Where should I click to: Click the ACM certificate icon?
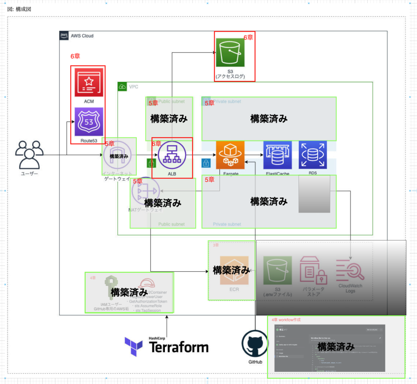(x=88, y=83)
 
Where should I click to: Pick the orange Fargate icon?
(x=230, y=155)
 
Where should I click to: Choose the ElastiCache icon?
(x=277, y=155)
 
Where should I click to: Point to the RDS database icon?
(x=313, y=155)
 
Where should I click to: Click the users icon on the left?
(x=29, y=155)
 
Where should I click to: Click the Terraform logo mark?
(x=134, y=347)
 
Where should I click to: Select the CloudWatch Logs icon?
(x=350, y=270)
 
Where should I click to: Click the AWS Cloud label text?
(x=82, y=36)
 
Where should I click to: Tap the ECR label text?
(x=234, y=290)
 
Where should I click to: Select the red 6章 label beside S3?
(x=248, y=37)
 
